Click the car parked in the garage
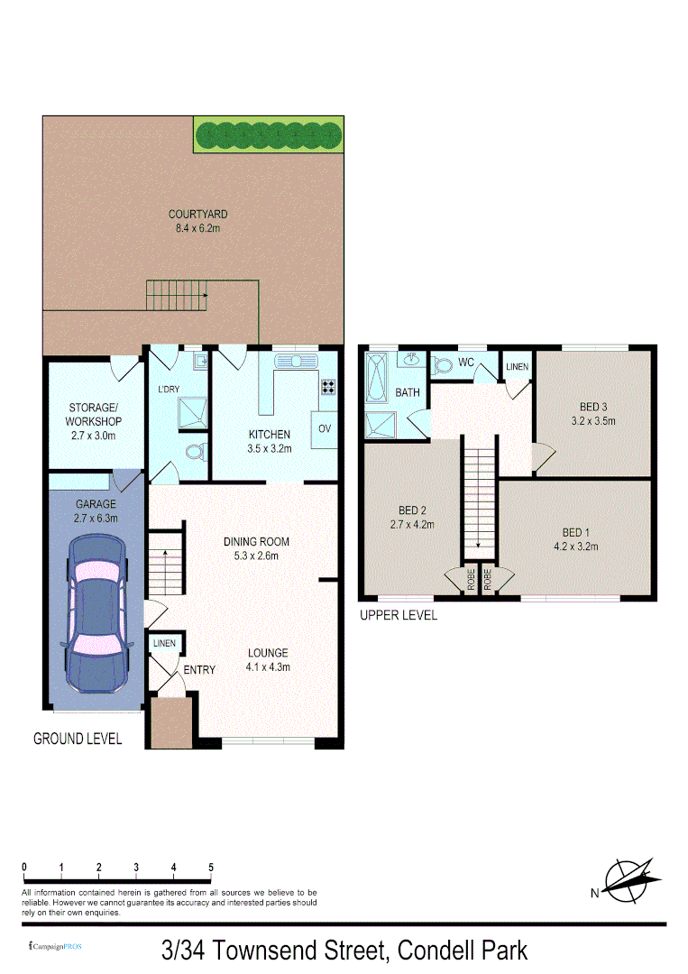point(95,613)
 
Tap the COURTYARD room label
point(197,215)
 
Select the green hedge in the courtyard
point(268,134)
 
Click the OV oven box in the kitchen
point(324,427)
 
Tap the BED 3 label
point(592,406)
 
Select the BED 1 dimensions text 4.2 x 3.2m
point(576,546)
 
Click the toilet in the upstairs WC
point(441,365)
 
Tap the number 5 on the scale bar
point(211,868)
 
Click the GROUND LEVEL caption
point(78,739)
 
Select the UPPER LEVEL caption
point(398,615)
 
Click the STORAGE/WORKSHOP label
point(95,414)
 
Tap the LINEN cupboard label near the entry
point(164,643)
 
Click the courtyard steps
point(179,295)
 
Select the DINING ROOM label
point(256,542)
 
